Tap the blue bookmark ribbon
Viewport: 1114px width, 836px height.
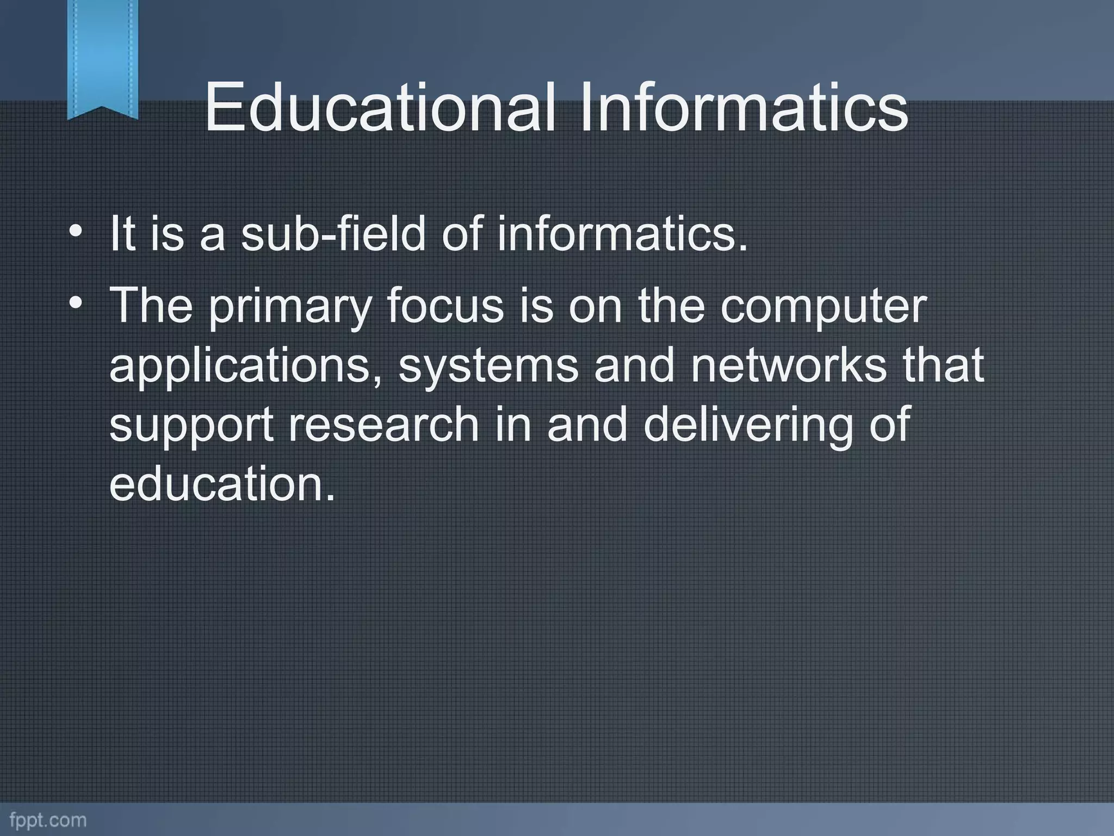pyautogui.click(x=102, y=57)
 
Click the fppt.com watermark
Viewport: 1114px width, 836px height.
pyautogui.click(x=48, y=820)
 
